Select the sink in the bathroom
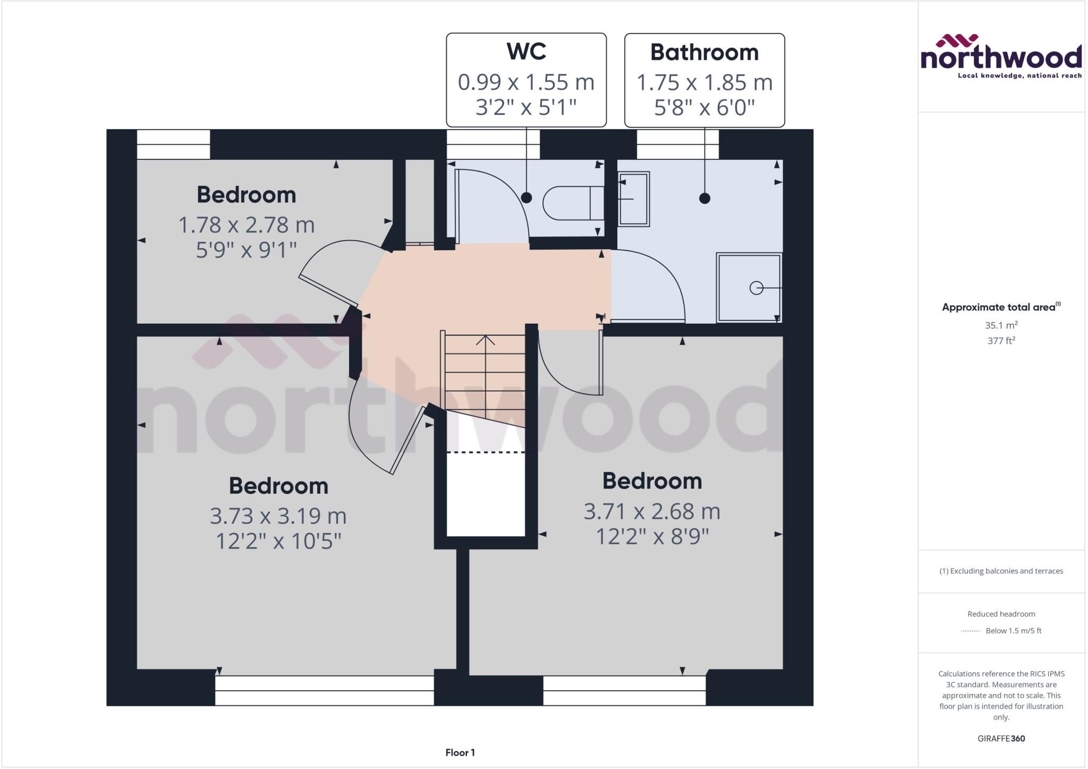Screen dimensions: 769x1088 (634, 199)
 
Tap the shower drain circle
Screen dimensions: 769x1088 (756, 288)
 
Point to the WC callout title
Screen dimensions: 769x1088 (526, 52)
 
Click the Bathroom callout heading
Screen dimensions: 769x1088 (704, 53)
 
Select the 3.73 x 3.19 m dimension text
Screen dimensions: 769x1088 (278, 516)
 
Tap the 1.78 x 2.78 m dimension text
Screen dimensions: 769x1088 (246, 225)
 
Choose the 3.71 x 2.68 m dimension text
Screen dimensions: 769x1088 (652, 512)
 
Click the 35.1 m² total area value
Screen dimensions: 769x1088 (1001, 325)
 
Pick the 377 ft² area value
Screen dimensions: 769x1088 (1001, 341)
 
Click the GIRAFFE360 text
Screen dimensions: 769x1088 (1001, 738)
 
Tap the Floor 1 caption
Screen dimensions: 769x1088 (460, 753)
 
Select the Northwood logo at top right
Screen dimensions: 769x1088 (1001, 56)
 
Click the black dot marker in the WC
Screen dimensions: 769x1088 (526, 198)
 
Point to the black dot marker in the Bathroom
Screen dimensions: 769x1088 (704, 198)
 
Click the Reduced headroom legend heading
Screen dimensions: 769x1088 (1001, 614)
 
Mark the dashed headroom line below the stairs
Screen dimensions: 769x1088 (486, 452)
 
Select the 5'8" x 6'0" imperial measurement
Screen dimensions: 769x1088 (704, 108)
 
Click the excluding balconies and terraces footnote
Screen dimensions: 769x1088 (1001, 571)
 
